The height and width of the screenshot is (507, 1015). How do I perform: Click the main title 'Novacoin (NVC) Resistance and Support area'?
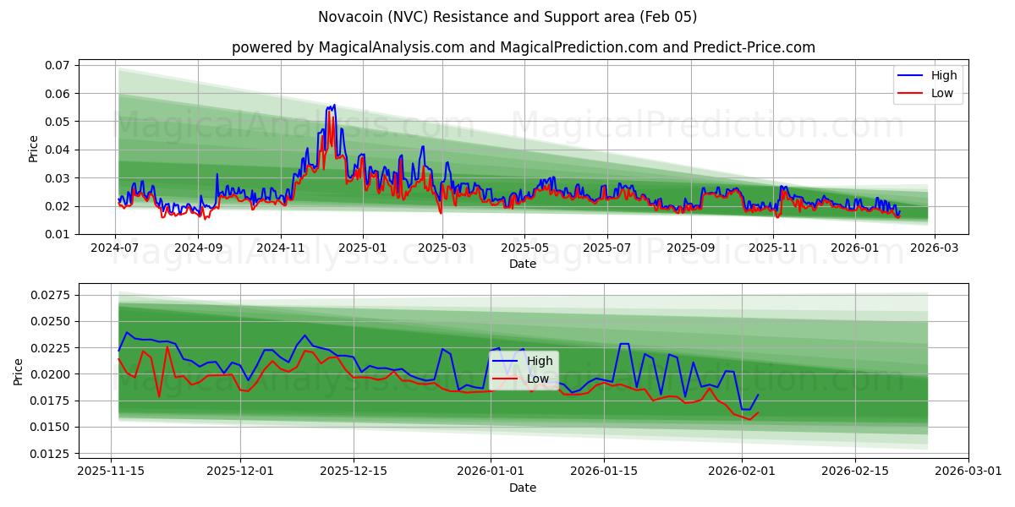tap(507, 17)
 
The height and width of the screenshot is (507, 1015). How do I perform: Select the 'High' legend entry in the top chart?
tap(943, 75)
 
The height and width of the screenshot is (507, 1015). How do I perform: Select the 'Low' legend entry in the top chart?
tap(942, 93)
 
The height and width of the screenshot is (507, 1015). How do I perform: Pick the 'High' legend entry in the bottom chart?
tap(540, 361)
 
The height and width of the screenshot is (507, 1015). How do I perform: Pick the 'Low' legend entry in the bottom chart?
tap(539, 379)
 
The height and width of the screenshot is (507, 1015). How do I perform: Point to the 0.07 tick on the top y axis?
tap(57, 65)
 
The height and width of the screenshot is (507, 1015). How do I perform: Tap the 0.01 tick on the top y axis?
tap(57, 234)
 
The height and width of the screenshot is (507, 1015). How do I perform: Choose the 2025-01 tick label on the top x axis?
tap(362, 248)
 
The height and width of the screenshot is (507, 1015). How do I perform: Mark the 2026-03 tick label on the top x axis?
tap(933, 248)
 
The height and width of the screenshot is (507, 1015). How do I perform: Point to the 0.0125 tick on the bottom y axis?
tap(50, 454)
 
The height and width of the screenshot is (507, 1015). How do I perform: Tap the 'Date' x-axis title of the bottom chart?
tap(523, 488)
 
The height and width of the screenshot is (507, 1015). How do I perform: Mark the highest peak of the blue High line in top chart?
tap(334, 105)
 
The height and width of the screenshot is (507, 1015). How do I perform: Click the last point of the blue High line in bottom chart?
tap(758, 395)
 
